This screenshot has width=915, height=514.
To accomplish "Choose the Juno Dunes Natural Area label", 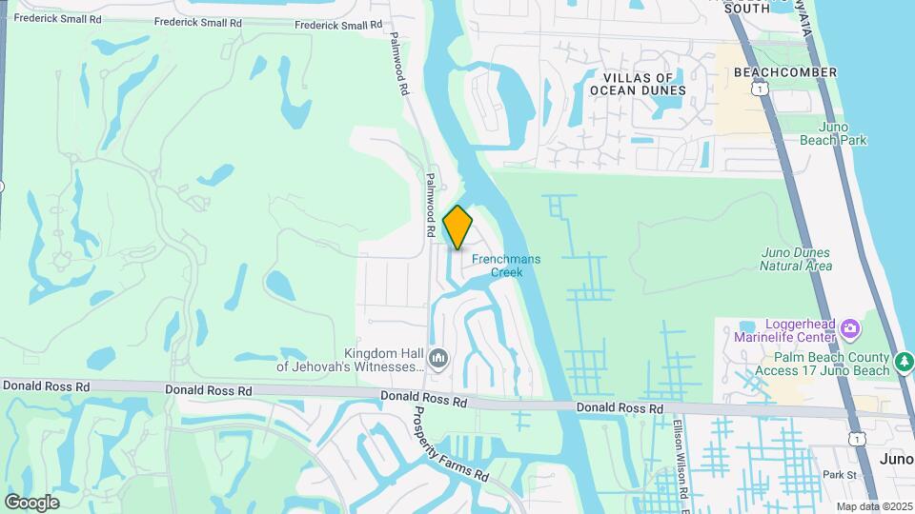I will point(795,259).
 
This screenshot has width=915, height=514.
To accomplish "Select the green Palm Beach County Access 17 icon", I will point(905,362).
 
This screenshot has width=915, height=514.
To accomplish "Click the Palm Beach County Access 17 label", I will point(822,364).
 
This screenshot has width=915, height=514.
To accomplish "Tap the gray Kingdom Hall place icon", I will point(438,359).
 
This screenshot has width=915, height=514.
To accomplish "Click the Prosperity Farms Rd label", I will point(451,445).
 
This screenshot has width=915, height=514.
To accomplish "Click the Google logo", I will point(31,502).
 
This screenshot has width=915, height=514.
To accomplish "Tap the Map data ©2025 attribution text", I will point(873,506).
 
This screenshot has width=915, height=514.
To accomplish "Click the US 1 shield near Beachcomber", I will point(759,88).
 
